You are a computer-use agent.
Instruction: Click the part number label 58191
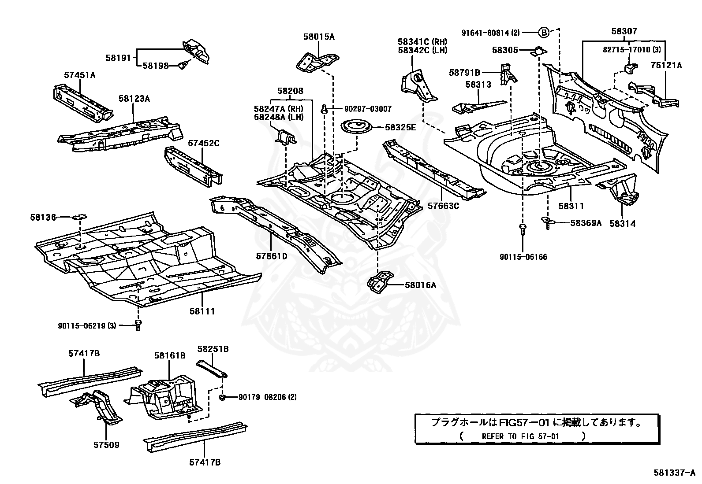coord(118,57)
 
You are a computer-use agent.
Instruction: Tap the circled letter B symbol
coord(544,33)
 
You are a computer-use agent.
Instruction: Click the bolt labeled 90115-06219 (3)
coord(138,325)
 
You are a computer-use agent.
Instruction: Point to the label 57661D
coord(272,256)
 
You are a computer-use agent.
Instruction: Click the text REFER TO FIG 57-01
coord(520,436)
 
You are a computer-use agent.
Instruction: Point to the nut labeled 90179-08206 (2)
coord(223,397)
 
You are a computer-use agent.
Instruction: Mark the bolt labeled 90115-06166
coord(523,229)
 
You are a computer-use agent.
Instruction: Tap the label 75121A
coord(666,66)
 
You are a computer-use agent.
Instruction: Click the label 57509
coord(106,445)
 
